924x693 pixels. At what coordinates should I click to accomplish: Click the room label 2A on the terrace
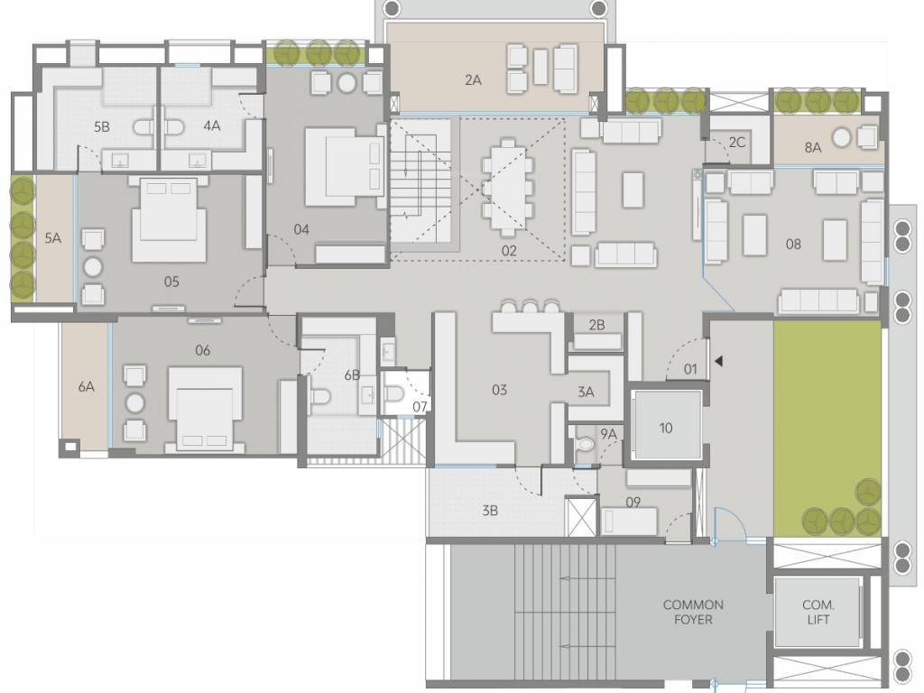473,80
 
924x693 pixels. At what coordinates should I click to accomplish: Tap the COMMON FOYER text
693,612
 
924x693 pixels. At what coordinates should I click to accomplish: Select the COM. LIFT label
818,612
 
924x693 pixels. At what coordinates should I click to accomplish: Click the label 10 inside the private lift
666,428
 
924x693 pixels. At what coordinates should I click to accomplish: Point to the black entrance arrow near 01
718,361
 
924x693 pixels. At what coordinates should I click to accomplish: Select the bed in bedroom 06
205,408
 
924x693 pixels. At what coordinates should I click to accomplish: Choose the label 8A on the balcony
813,147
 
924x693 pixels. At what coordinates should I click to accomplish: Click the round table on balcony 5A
93,266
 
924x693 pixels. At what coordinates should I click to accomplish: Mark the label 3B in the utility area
490,510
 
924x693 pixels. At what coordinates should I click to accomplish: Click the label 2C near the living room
737,143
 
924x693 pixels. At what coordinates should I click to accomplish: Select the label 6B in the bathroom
352,374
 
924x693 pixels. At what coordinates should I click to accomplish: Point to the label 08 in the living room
793,244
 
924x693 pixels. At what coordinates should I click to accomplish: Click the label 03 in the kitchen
499,390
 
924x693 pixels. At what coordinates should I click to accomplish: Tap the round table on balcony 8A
842,137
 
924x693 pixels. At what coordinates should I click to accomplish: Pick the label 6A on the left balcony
86,386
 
